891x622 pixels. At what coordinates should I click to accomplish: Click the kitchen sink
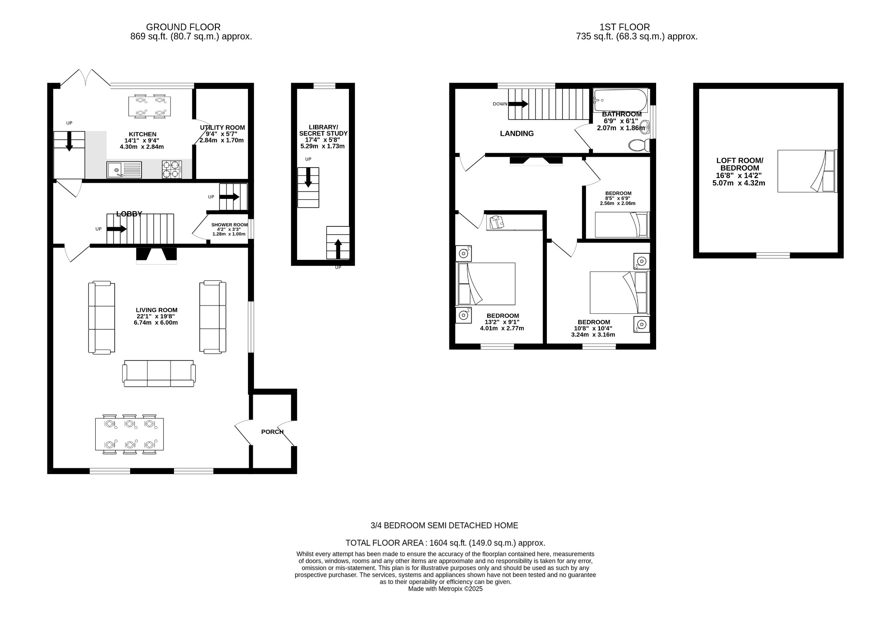(124, 169)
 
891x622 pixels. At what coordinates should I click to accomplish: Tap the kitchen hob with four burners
(171, 169)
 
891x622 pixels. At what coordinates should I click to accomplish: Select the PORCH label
(272, 432)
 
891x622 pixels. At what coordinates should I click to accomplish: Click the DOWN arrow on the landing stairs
(518, 104)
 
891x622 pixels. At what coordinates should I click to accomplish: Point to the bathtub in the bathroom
(620, 100)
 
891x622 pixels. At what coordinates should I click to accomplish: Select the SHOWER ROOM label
(229, 225)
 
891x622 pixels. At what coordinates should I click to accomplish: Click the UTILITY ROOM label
(222, 128)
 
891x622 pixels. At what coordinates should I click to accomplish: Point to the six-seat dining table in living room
(129, 434)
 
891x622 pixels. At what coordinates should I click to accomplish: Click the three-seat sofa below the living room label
(159, 373)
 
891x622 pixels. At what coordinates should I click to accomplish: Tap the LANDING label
(516, 134)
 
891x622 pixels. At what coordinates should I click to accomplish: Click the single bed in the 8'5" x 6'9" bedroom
(622, 225)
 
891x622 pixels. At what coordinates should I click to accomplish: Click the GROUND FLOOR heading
(183, 27)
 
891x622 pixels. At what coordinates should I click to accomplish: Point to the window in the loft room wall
(773, 256)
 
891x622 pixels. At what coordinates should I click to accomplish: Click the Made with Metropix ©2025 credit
(445, 588)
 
